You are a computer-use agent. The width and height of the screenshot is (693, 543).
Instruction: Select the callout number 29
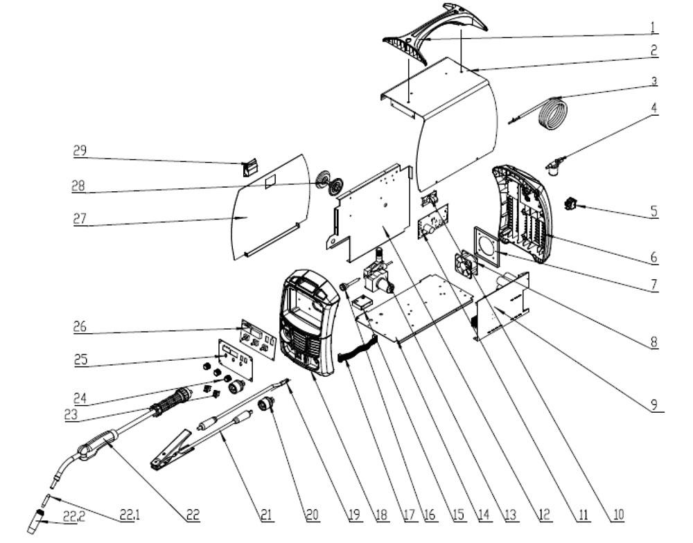coord(80,151)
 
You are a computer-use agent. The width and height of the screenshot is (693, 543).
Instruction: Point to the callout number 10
coord(618,514)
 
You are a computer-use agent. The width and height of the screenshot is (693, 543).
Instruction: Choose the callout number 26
coord(80,327)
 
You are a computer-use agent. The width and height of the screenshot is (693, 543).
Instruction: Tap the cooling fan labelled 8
coord(466,263)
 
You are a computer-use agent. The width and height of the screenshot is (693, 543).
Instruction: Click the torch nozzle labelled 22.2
coord(36,522)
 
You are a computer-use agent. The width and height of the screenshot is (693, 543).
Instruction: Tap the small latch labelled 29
coord(249,169)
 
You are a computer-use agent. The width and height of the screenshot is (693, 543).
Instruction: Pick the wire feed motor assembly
coord(377,275)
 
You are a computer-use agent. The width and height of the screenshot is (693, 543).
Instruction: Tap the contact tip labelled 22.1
coord(45,501)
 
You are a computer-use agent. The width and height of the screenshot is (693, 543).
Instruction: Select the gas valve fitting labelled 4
coord(555,166)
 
